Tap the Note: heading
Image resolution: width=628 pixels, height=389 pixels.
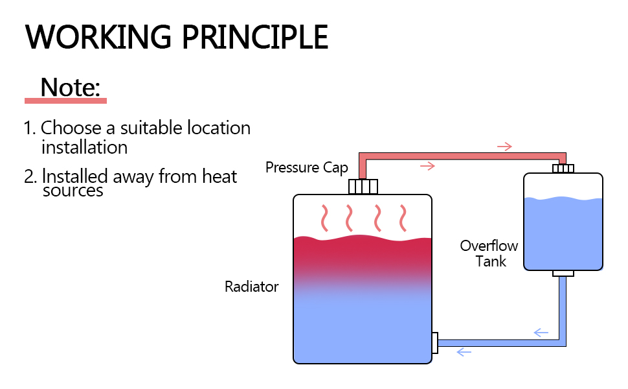71,88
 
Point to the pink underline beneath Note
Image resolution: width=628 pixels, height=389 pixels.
65,100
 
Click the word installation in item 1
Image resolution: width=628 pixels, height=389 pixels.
84,147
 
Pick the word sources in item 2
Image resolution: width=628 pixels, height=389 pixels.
73,191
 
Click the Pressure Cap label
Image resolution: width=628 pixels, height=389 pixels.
306,168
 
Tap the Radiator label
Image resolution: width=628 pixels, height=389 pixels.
251,287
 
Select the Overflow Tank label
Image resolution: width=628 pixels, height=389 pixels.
489,253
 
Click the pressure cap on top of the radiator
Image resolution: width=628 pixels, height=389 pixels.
363,187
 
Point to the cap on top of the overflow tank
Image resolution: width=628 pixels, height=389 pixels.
563,169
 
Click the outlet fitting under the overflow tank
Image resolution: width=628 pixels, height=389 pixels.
563,274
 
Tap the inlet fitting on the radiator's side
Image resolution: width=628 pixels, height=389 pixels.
434,342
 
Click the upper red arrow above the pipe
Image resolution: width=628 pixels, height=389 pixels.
504,147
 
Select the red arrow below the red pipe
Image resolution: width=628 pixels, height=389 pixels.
427,167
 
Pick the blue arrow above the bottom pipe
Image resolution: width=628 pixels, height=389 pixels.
541,333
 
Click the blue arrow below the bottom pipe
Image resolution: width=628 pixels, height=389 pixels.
464,352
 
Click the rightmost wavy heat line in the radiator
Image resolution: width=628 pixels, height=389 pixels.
405,218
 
